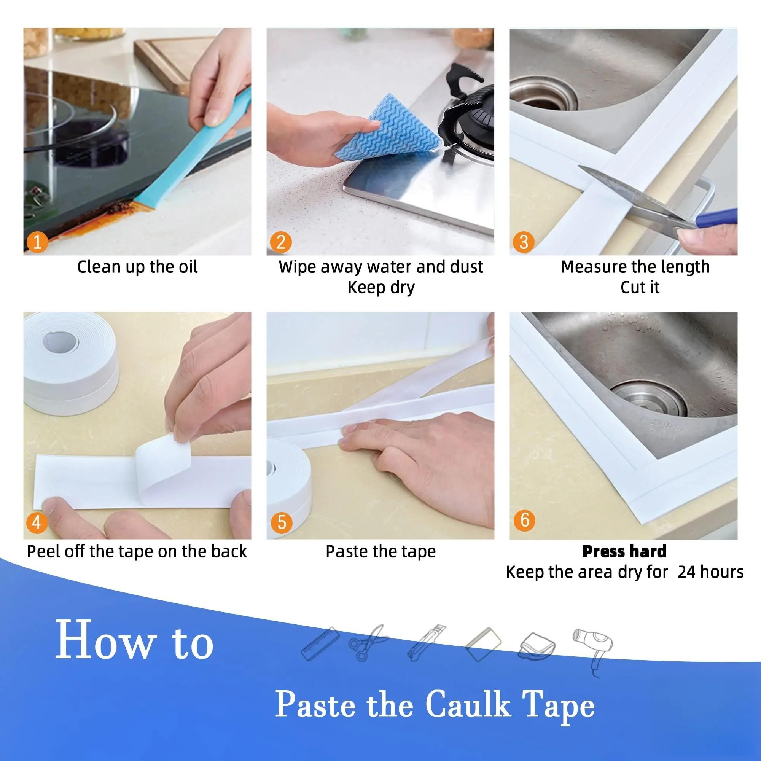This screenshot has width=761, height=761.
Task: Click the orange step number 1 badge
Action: [x=37, y=242]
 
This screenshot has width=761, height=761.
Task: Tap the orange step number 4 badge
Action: [x=37, y=523]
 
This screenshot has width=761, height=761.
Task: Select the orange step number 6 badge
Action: [x=524, y=520]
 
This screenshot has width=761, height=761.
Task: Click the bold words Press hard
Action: [x=624, y=551]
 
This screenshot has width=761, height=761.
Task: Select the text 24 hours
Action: [x=710, y=572]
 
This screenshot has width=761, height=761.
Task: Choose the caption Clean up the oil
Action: [x=137, y=267]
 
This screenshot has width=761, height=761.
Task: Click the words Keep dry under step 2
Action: [x=381, y=288]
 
